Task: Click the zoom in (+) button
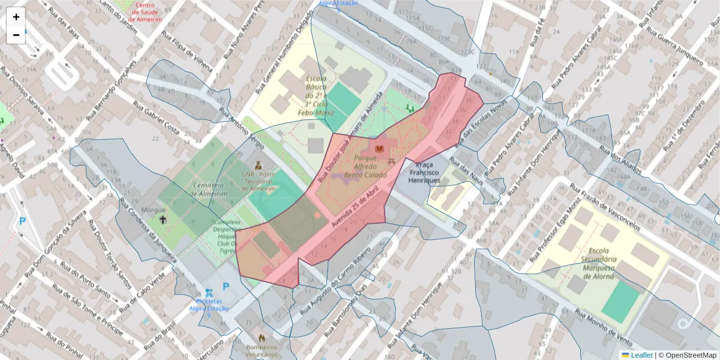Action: (x=16, y=17)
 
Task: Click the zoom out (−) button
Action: (x=16, y=35)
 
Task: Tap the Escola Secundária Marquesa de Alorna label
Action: (x=601, y=263)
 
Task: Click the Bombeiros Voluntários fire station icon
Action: (x=262, y=338)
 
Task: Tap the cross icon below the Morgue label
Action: (x=163, y=220)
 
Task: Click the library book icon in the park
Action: (x=379, y=148)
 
